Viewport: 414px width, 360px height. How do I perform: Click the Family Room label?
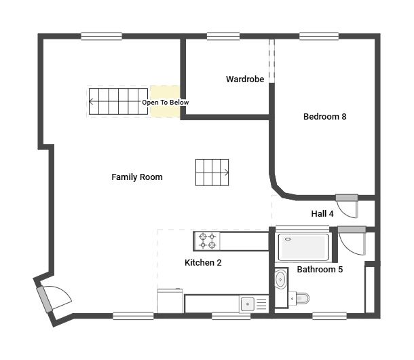click(137, 177)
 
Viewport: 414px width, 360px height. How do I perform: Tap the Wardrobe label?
click(245, 79)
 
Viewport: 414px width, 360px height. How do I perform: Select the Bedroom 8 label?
click(325, 117)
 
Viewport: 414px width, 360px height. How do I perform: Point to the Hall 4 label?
click(322, 213)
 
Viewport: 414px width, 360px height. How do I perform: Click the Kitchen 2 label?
click(203, 263)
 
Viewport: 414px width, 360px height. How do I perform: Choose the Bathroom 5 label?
click(320, 270)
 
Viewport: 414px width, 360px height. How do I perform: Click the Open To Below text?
click(166, 103)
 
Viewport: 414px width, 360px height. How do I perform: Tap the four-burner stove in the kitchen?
click(207, 241)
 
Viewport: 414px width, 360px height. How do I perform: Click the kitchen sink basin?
click(248, 304)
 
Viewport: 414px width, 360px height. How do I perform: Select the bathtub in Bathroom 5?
click(303, 247)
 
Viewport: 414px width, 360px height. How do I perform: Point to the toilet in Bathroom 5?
click(299, 299)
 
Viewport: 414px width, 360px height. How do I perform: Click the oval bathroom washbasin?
click(280, 279)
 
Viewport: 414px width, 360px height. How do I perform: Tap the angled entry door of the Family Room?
click(54, 299)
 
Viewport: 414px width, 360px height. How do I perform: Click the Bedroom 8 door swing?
click(347, 206)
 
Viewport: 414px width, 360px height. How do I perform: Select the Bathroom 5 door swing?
click(352, 241)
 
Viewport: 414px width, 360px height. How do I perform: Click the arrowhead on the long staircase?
click(91, 101)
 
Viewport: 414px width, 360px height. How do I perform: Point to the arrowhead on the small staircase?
click(226, 173)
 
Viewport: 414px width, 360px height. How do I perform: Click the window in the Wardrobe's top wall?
click(223, 36)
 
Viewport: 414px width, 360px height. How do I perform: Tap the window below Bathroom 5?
click(329, 316)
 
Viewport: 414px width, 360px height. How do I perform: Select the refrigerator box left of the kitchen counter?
click(170, 301)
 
